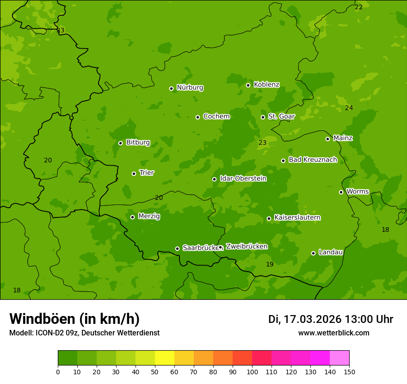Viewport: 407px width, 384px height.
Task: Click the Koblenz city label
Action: [x=266, y=85]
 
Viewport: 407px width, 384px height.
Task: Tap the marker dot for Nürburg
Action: [x=171, y=88]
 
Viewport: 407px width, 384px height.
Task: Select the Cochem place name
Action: [x=216, y=117]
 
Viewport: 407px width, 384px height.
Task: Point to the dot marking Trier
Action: [x=134, y=173]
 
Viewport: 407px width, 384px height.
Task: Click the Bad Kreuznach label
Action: [x=313, y=160]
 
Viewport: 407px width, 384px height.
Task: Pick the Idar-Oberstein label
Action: [x=243, y=179]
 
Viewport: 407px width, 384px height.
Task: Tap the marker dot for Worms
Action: [x=341, y=192]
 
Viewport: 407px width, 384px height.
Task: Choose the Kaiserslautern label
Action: [x=297, y=217]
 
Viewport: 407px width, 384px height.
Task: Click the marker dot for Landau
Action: [x=313, y=253]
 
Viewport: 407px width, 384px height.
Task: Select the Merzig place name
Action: [x=149, y=216]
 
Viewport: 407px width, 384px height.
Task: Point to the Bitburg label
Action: [x=138, y=142]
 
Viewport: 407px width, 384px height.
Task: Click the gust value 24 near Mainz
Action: [x=349, y=108]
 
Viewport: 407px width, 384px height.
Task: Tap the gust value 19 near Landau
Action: [x=270, y=264]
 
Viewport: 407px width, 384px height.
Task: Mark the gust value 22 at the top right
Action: [x=358, y=7]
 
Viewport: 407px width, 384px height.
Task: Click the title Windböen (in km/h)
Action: [x=74, y=319]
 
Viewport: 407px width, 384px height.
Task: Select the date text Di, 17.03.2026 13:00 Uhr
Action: [x=331, y=319]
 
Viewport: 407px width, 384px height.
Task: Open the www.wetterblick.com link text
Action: [x=333, y=333]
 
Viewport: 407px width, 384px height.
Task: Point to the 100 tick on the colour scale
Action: [x=252, y=372]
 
